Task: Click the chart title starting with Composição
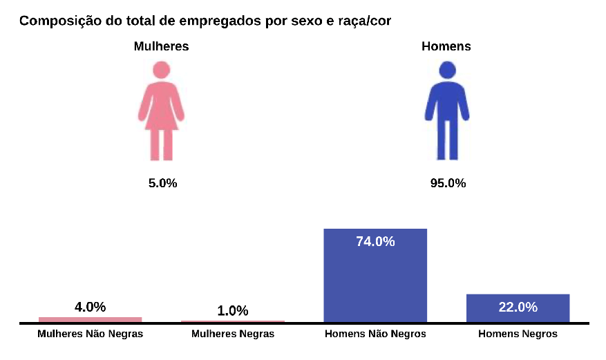(x=205, y=21)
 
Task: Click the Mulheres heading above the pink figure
(x=161, y=46)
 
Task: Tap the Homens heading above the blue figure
(x=446, y=46)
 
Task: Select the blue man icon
(x=447, y=111)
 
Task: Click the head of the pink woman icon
(x=162, y=70)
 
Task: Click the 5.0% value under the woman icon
(x=162, y=183)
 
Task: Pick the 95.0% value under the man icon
(x=448, y=183)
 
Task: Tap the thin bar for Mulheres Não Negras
(x=90, y=319)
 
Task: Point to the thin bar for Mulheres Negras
(x=232, y=321)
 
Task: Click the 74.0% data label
(x=375, y=242)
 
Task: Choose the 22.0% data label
(x=518, y=307)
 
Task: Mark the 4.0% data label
(x=90, y=307)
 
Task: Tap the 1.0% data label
(x=232, y=311)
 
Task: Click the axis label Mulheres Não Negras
(x=90, y=334)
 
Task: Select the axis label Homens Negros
(x=518, y=334)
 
